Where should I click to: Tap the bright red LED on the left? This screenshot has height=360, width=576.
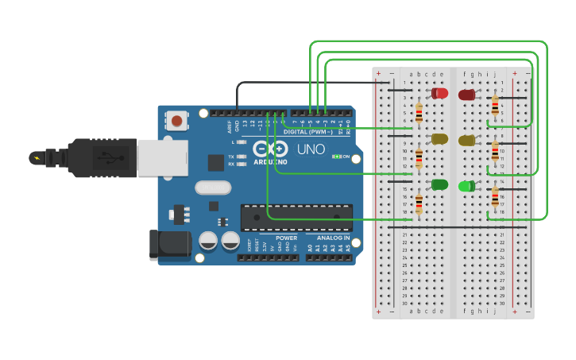coord(439,93)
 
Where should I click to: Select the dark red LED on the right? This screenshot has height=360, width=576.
coord(466,95)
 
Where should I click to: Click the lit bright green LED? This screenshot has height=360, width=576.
coord(466,186)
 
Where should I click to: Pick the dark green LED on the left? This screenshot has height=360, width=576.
coord(439,185)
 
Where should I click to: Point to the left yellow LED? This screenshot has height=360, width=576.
coord(439,139)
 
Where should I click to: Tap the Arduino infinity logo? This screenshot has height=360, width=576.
coord(270,149)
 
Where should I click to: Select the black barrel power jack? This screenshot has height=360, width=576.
coord(170,245)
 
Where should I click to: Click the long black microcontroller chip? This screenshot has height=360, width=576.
coord(296,217)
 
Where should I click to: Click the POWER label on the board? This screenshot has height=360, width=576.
coord(287,238)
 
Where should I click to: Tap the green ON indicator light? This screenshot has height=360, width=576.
coord(337,157)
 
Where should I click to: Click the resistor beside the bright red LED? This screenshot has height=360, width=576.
coord(419,113)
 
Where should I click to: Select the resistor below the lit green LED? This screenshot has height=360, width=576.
coord(495,197)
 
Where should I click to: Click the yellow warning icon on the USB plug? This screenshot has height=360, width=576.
coord(35,157)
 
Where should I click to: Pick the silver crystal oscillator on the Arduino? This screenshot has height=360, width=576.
coord(211,188)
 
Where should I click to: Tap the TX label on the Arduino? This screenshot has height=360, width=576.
coord(230,157)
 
